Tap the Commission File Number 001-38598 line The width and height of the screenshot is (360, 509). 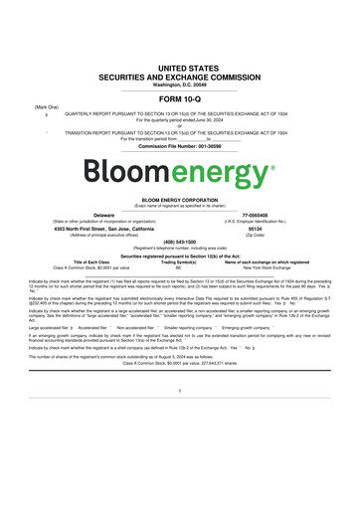coord(180,146)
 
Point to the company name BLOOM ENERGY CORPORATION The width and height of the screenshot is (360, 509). coord(180,199)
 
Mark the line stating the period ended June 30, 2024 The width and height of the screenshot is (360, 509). coord(180,119)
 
